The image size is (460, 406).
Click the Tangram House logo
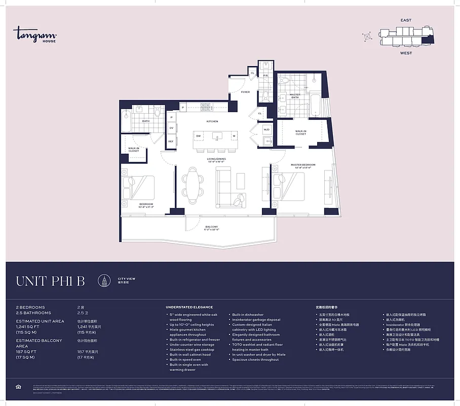point(34,35)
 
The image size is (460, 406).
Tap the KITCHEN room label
point(212,122)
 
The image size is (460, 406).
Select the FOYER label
point(245,92)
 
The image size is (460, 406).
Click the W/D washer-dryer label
point(266,129)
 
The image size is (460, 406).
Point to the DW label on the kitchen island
point(198,136)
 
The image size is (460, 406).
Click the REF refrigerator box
point(171,141)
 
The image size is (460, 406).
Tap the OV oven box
point(171,128)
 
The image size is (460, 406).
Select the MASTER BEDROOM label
point(303,165)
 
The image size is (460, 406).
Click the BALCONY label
point(212,227)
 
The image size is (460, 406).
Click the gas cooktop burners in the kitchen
point(206,107)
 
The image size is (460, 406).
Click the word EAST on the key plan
point(406,20)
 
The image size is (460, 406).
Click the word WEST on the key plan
point(406,53)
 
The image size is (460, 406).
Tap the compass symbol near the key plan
point(367,37)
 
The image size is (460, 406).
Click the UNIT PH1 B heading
point(50,281)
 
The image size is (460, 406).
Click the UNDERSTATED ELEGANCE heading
point(189,307)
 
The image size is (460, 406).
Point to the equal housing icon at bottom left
point(19,387)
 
